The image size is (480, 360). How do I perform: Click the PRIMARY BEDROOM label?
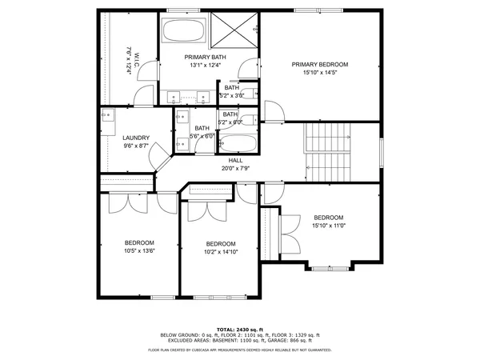pos(319,65)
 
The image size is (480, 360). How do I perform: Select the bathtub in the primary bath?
pos(185,32)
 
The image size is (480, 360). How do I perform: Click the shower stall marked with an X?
pos(236,31)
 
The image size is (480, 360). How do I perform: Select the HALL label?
pos(236,161)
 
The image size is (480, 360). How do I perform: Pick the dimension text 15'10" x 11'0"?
pos(328,226)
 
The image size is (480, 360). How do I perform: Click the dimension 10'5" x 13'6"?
pos(139,250)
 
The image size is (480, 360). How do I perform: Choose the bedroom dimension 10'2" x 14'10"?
pos(221,252)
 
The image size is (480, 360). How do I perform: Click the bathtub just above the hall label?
pos(238,144)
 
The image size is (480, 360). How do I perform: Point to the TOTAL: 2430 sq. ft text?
pos(239,329)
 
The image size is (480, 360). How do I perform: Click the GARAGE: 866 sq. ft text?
pos(298,339)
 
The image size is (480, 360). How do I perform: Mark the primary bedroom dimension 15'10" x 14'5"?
pos(319,73)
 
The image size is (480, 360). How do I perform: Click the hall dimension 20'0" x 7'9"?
pos(236,168)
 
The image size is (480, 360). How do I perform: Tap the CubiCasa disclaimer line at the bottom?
pos(239,350)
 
